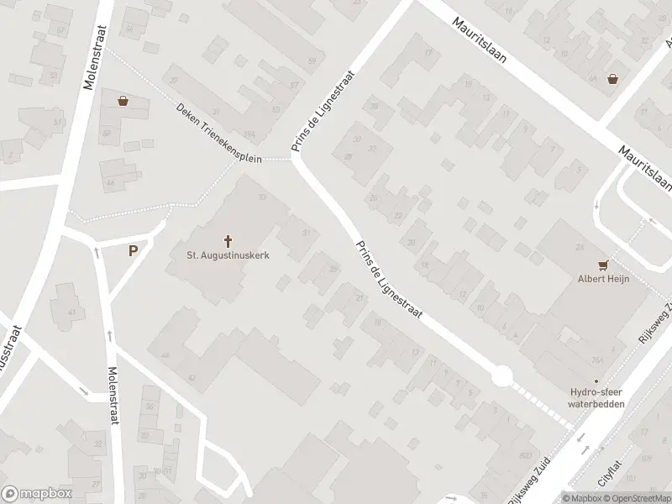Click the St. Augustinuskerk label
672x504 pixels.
228,255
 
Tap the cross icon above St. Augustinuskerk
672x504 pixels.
228,240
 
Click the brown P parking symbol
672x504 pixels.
133,250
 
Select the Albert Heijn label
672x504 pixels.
602,279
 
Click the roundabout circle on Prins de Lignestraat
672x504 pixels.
501,376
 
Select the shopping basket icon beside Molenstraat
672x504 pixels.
124,102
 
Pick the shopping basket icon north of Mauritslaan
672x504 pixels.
613,79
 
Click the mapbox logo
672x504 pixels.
37,493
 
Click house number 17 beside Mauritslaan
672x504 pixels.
429,54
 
